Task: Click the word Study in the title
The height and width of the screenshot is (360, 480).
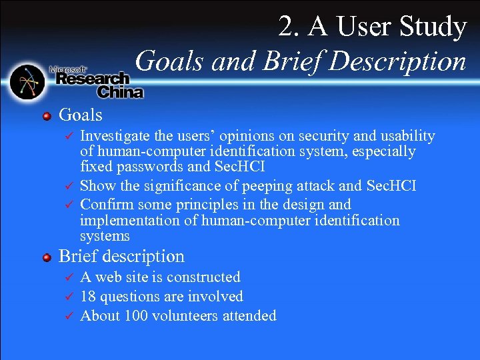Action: (432, 27)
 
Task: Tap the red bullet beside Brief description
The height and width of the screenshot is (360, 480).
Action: (47, 257)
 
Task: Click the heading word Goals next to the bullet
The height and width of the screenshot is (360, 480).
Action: (81, 115)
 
